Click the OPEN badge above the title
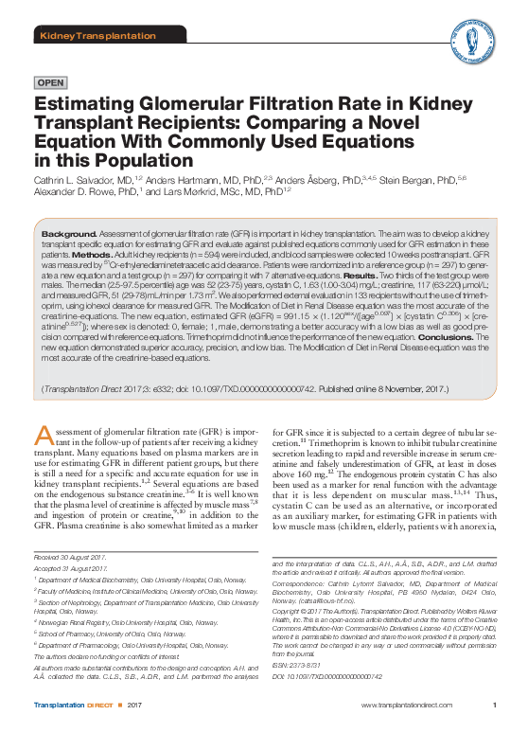click(49, 82)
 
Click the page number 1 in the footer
click(495, 706)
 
